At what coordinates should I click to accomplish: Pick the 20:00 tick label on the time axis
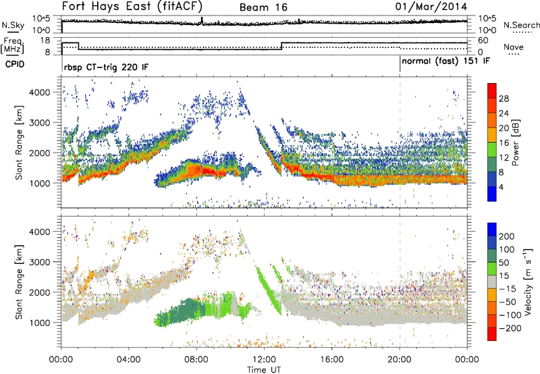point(400,358)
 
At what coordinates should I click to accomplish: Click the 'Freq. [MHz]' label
point(11,46)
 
